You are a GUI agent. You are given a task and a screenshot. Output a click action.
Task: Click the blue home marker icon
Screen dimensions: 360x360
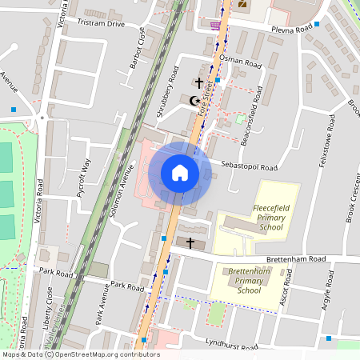180,173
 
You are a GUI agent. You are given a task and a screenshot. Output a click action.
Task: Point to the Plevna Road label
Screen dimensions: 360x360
291,30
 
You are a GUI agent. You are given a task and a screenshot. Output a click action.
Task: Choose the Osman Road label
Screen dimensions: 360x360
242,62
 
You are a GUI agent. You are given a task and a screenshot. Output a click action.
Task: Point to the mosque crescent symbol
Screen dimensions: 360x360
193,101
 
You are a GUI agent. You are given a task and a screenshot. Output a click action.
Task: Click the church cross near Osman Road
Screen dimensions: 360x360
198,82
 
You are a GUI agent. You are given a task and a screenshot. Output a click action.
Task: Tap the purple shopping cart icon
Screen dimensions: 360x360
214,25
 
